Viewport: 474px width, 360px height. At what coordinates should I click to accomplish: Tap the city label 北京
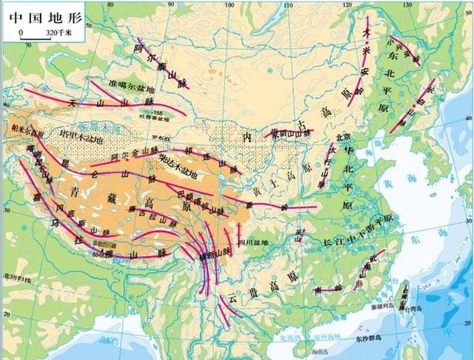pos(341,137)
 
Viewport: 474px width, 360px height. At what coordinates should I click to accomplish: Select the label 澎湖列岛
pos(379,304)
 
